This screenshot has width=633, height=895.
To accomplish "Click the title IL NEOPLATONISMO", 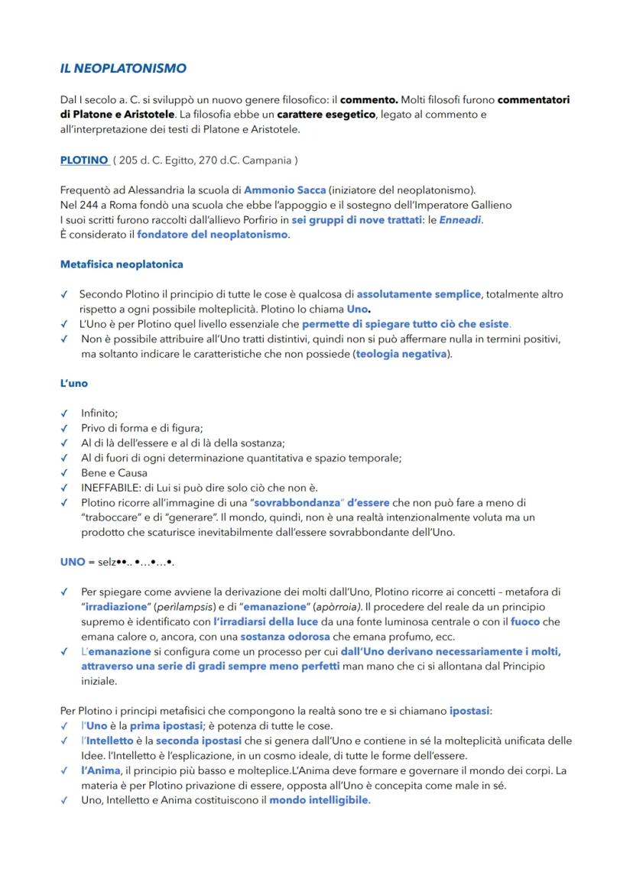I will (123, 69).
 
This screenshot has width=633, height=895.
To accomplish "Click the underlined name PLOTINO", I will (83, 161).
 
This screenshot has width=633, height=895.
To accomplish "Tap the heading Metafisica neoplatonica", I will (122, 264).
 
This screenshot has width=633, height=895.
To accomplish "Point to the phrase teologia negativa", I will (401, 354).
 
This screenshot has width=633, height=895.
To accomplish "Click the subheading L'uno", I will (74, 383).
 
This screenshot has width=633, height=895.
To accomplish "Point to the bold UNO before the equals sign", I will (73, 562).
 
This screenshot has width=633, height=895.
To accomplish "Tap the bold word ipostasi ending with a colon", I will (470, 711).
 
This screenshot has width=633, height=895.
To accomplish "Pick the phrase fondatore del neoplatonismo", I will (213, 235).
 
